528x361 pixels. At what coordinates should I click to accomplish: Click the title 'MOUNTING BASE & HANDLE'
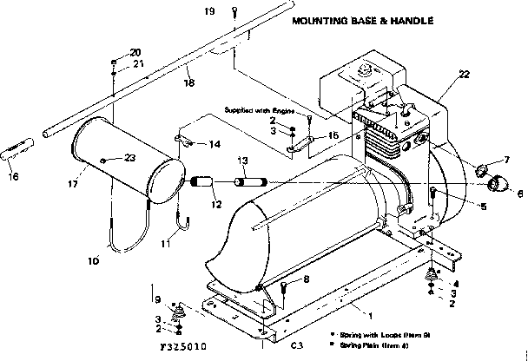[x=361, y=20]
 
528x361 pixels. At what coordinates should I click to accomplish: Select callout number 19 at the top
[x=208, y=10]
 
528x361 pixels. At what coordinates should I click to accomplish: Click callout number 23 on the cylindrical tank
[x=130, y=157]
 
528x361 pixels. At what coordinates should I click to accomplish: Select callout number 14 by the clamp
[x=214, y=143]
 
